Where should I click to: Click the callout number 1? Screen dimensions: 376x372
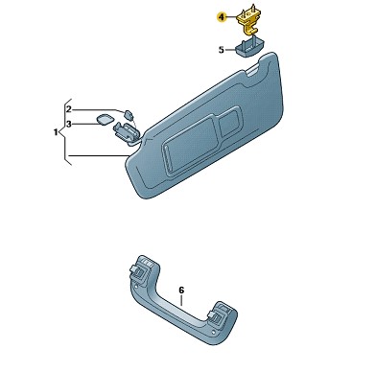(56, 131)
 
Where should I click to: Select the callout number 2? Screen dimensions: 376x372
(69, 109)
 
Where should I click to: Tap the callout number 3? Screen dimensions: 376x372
(69, 124)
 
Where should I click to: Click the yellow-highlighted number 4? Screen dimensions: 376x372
(222, 16)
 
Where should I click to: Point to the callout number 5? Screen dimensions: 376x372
(222, 50)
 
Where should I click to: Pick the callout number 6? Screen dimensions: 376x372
(181, 291)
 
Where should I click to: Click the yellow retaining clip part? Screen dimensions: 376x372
(248, 21)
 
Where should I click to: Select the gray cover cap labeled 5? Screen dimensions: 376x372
(249, 46)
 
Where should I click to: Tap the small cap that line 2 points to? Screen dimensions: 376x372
(129, 114)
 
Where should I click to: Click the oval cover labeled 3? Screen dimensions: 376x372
(105, 119)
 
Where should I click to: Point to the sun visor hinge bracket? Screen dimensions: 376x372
(126, 131)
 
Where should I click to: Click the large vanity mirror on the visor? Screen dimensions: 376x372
(189, 144)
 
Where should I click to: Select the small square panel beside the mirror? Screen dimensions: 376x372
(230, 121)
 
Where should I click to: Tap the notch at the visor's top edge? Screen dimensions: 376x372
(253, 70)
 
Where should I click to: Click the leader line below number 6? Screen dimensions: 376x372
(181, 300)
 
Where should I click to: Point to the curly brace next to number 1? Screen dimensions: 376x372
(65, 131)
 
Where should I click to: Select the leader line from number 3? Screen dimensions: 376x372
(85, 124)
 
